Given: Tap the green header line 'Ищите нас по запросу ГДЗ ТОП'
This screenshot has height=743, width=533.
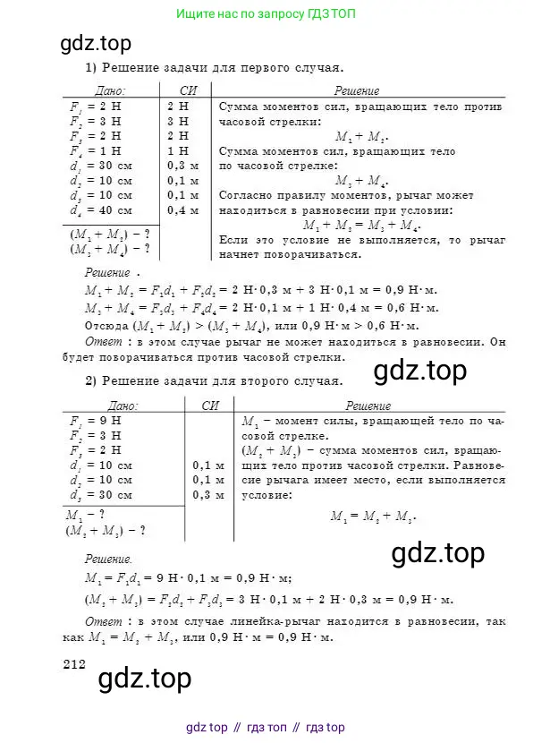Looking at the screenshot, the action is click(x=266, y=15).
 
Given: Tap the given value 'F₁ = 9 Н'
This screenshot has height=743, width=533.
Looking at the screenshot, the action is click(x=86, y=419).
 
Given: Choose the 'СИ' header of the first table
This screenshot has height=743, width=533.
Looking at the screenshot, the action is click(x=186, y=90).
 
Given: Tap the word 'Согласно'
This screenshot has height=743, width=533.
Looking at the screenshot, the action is click(x=245, y=194).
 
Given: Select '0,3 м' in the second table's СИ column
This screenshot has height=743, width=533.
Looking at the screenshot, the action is click(x=207, y=495).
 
